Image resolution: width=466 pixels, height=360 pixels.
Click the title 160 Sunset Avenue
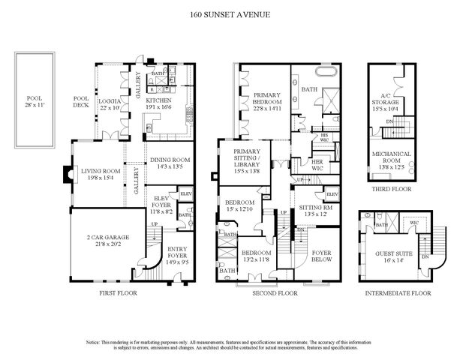point(232,13)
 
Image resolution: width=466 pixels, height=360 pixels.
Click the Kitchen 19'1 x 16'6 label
point(159,103)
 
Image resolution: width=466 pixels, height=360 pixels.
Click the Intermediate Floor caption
point(398,294)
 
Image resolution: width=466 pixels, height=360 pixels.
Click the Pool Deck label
point(81,103)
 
